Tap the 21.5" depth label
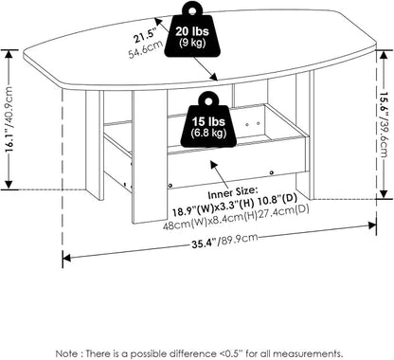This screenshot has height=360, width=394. (x=145, y=36)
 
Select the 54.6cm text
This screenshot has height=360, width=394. (x=146, y=50)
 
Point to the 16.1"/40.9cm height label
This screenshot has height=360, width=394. (x=9, y=118)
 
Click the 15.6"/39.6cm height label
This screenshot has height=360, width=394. (x=384, y=125)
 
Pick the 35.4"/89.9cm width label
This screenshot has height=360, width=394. (x=224, y=241)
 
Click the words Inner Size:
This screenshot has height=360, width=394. (x=232, y=192)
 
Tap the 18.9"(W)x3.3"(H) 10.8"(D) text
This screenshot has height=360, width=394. (x=234, y=204)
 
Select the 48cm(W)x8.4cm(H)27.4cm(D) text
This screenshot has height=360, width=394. (x=236, y=218)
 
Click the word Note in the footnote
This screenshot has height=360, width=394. (x=66, y=353)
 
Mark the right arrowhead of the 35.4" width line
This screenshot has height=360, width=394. (x=372, y=225)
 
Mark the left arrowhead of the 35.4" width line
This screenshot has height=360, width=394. (x=66, y=258)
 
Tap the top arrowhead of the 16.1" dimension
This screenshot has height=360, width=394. (x=9, y=54)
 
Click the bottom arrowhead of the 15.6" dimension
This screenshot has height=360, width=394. (x=384, y=193)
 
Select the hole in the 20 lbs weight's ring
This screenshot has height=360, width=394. (x=192, y=11)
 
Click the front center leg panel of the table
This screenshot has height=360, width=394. (x=150, y=157)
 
